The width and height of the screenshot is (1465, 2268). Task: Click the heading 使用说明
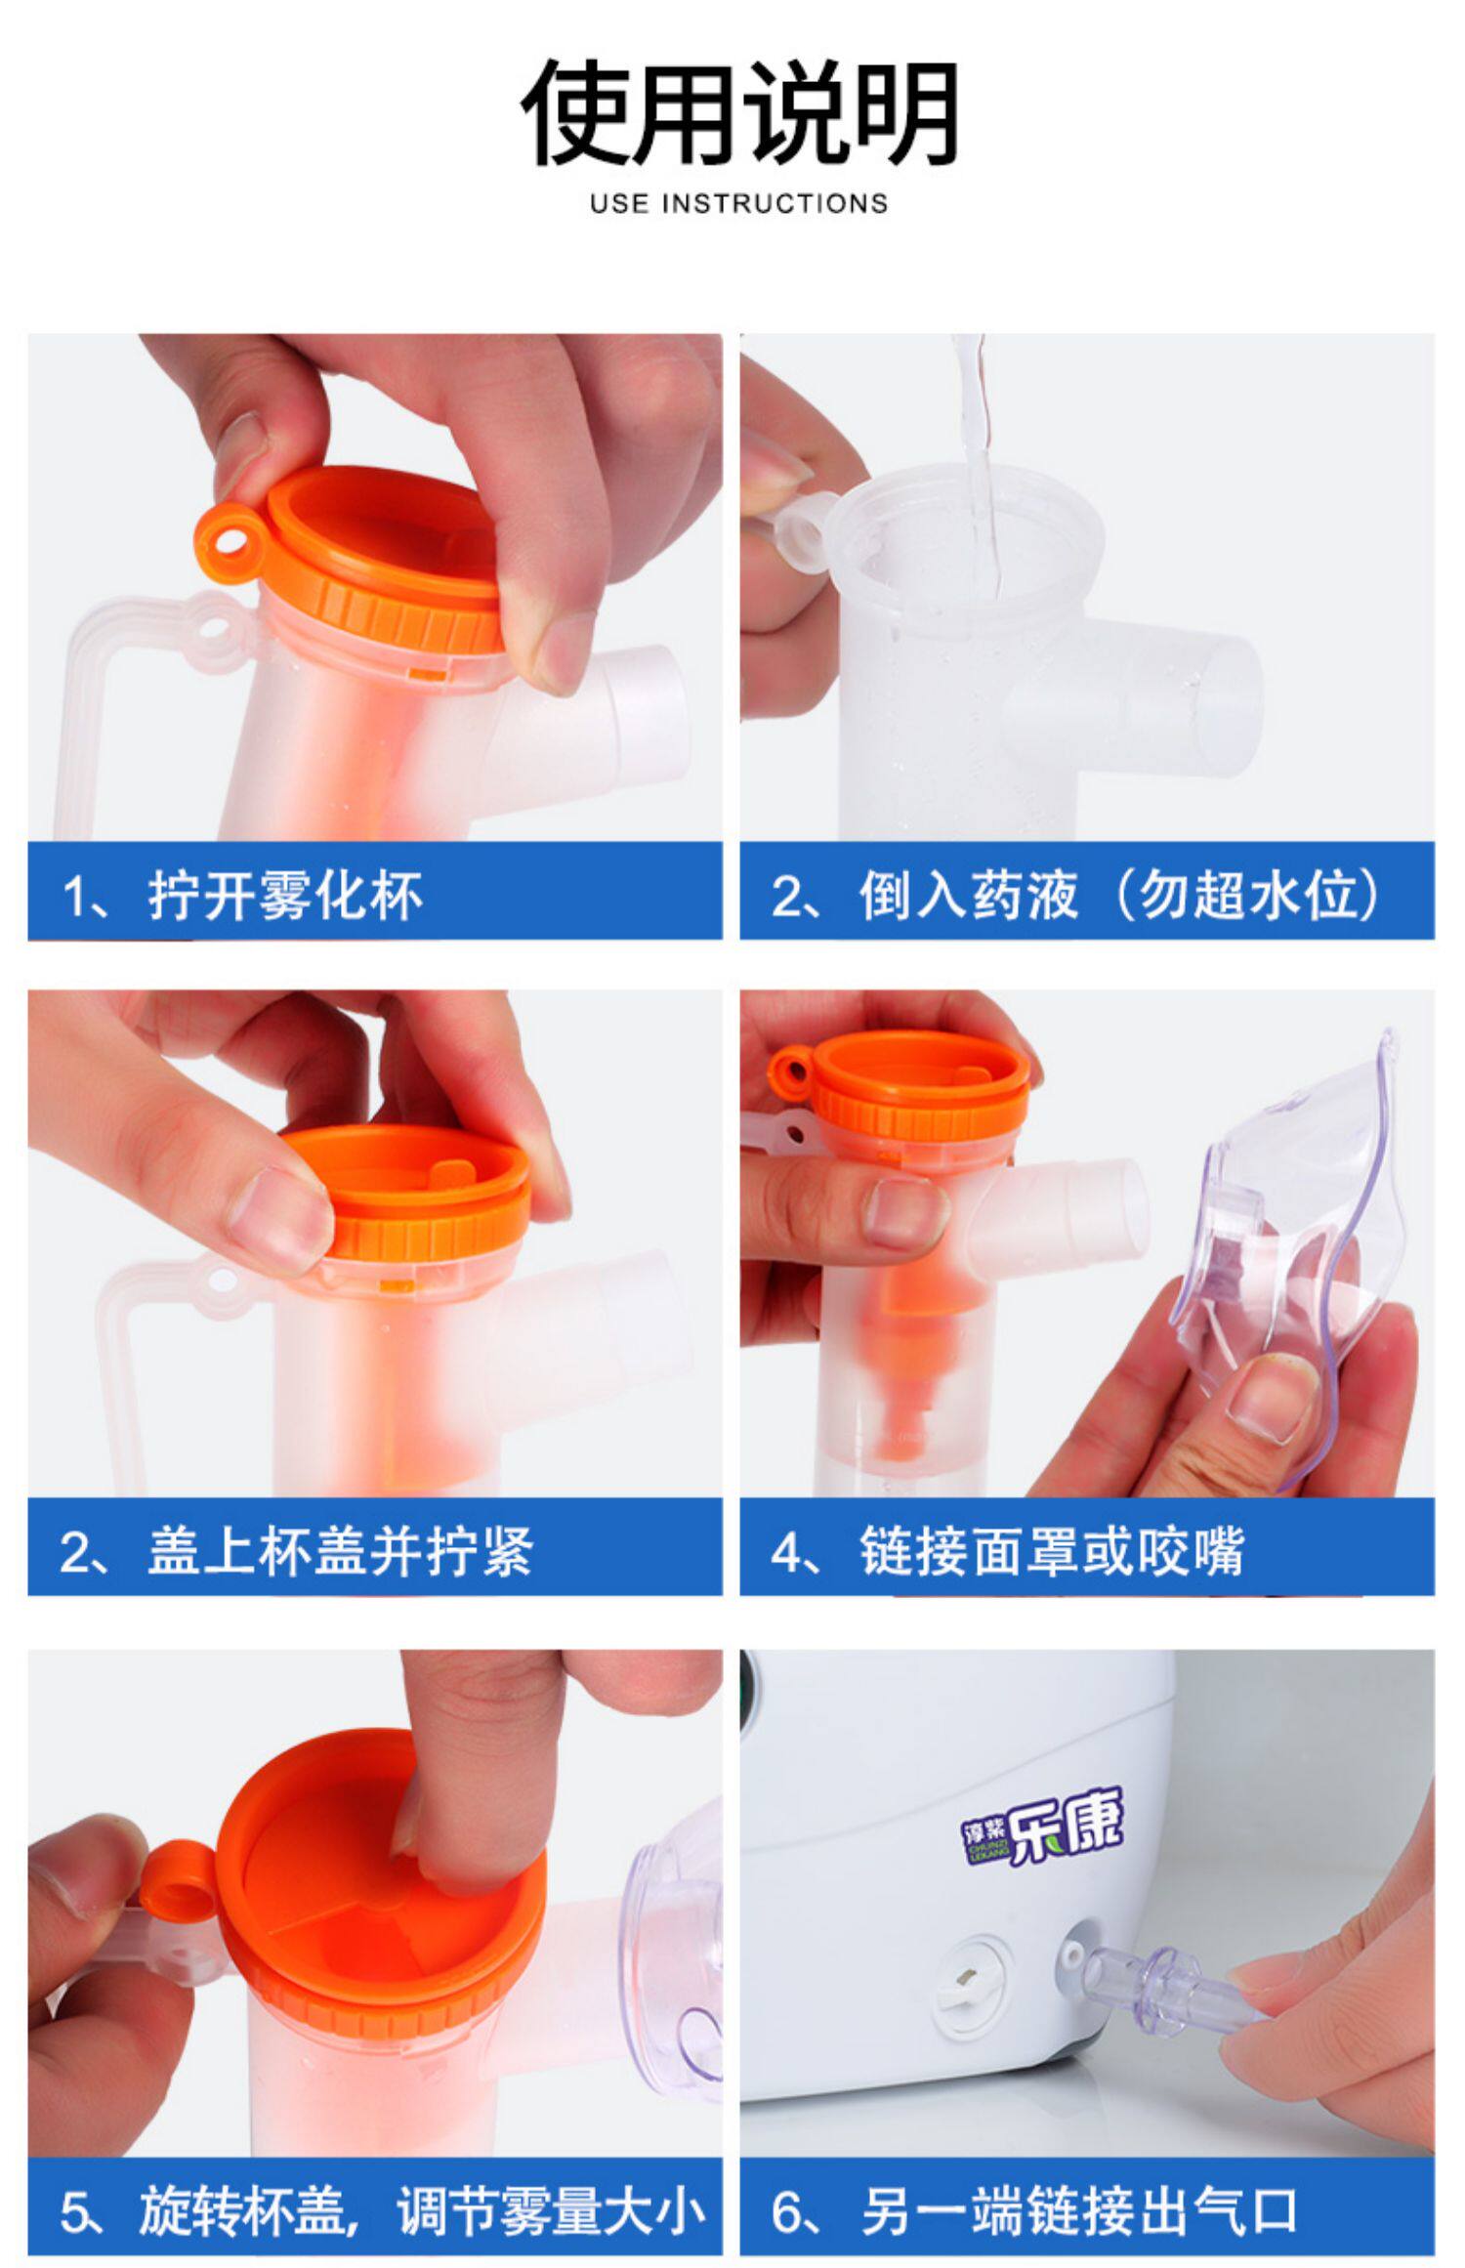point(738,113)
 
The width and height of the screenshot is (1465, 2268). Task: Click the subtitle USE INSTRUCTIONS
point(738,203)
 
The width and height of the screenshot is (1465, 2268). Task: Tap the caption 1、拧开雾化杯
point(241,895)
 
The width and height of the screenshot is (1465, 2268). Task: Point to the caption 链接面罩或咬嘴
point(1052,1551)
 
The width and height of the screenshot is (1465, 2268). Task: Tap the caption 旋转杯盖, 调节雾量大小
point(422,2210)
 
